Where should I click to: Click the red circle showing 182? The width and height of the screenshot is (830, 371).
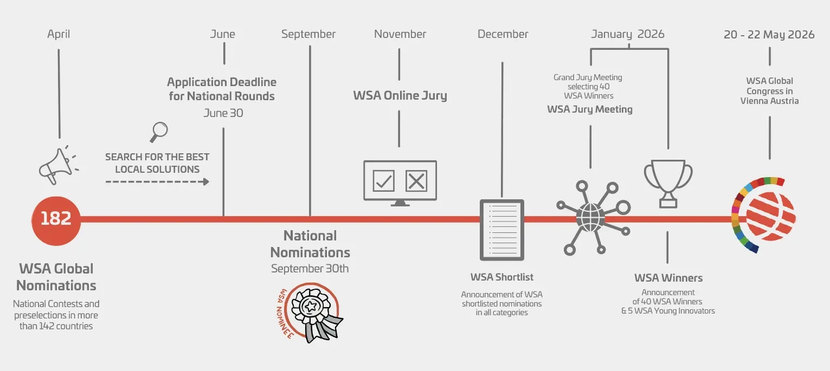[56, 219]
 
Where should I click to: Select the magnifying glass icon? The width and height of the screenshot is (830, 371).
[158, 131]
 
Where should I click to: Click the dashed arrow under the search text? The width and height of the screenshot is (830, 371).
[157, 181]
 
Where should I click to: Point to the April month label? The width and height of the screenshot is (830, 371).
[59, 34]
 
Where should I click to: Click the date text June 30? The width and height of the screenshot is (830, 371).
[223, 113]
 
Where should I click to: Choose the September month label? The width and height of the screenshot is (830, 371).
[308, 34]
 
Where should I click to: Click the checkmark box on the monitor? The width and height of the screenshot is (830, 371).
[384, 180]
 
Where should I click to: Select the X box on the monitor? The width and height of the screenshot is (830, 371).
[416, 180]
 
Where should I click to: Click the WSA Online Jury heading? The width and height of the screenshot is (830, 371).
[400, 96]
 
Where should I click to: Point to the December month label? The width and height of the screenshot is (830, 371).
[503, 34]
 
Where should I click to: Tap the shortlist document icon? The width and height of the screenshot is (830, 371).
[502, 230]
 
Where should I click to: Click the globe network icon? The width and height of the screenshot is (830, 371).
[591, 217]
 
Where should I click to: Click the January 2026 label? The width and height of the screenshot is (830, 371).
[628, 34]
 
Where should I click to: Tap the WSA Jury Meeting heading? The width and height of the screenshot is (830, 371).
[590, 109]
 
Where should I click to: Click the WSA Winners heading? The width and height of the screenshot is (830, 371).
[668, 278]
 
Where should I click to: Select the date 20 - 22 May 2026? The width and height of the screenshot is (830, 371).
[769, 35]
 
